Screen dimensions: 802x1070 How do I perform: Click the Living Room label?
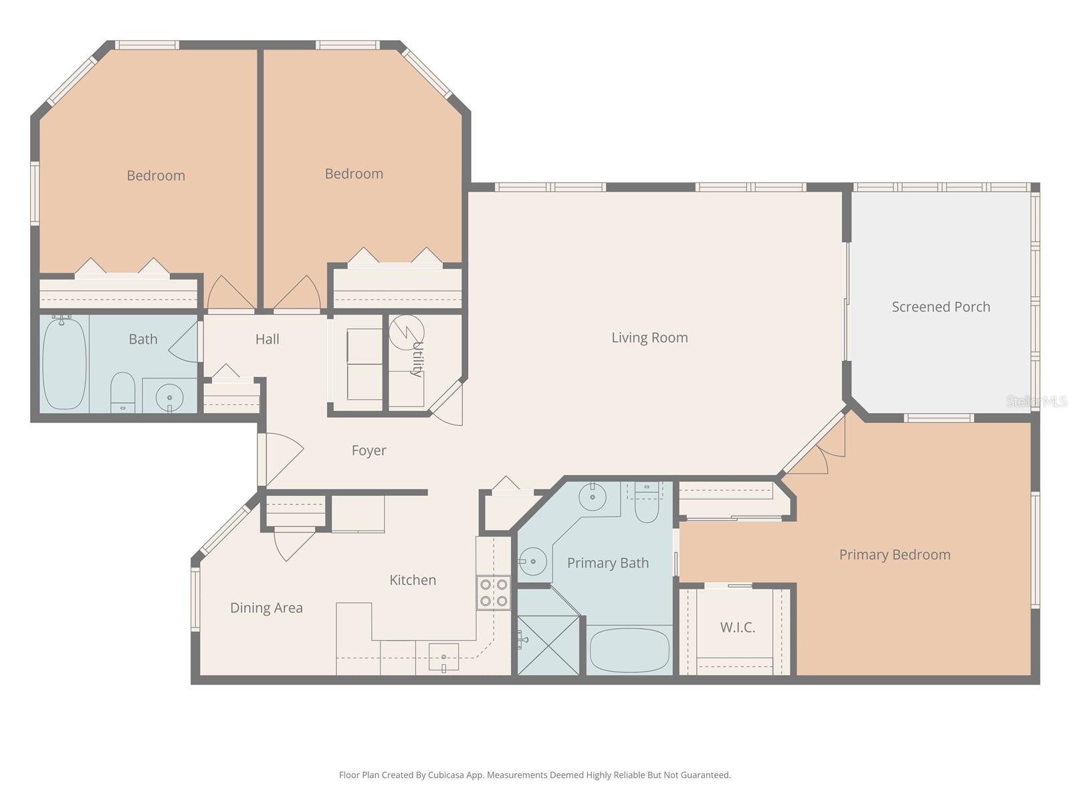tap(649, 338)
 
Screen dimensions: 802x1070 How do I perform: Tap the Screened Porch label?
tap(940, 307)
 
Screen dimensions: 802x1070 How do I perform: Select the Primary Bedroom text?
tap(894, 555)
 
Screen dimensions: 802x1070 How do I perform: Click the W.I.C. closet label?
tap(738, 628)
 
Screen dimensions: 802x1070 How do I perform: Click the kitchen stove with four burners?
tap(494, 593)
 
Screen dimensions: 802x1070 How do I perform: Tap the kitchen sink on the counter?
tap(443, 657)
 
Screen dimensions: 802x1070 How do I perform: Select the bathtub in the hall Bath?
tap(64, 364)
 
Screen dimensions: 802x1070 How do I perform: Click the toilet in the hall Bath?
tap(122, 392)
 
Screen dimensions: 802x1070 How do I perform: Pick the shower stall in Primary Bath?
tap(548, 644)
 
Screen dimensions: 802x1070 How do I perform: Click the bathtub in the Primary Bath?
tap(629, 650)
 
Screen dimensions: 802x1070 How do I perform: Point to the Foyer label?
tap(368, 450)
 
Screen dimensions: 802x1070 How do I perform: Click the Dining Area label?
tap(266, 608)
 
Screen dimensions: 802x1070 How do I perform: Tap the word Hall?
tap(267, 340)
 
